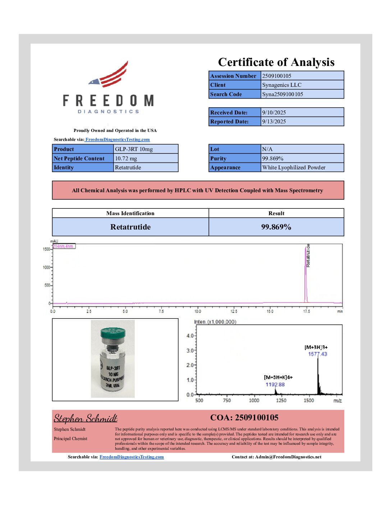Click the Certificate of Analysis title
[x=276, y=62]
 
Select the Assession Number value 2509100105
[x=277, y=76]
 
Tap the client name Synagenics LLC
[x=282, y=85]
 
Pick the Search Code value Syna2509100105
[x=282, y=94]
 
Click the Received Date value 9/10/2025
[x=274, y=113]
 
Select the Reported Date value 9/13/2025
[x=274, y=122]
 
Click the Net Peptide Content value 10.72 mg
[x=126, y=159]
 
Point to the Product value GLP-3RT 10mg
[x=134, y=149]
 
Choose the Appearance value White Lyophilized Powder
[x=294, y=167]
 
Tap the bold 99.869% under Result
[x=276, y=227]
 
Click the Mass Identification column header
[x=130, y=213]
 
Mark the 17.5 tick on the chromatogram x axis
[x=306, y=311]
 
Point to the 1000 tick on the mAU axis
[x=46, y=268]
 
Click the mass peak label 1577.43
[x=317, y=354]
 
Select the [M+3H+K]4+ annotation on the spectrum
[x=278, y=377]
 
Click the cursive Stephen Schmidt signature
[x=86, y=419]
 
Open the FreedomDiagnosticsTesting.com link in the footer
[x=132, y=457]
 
